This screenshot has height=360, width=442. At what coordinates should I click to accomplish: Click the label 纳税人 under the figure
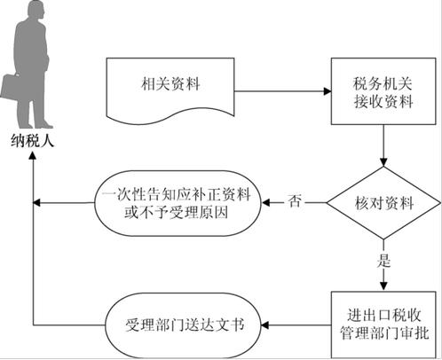coord(33,141)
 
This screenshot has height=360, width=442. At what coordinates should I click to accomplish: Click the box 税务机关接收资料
coord(383,91)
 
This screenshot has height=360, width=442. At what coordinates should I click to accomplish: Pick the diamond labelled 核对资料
coord(383,203)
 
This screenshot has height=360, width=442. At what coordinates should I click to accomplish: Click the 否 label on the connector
coord(295,201)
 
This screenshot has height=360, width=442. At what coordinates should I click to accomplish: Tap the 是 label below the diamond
coord(383,261)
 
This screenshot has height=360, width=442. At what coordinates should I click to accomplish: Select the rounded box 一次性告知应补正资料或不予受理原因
coord(178,203)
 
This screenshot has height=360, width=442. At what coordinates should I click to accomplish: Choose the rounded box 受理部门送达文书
coord(183,325)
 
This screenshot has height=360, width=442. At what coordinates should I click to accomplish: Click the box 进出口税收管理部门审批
coord(383,325)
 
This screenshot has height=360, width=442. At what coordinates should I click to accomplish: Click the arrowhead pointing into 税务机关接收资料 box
coord(328,91)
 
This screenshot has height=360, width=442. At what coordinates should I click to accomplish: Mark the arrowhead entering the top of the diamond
coord(383,162)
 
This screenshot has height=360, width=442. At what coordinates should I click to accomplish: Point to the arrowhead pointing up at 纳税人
coord(33,155)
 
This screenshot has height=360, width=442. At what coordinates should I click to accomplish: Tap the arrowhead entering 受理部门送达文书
coord(265,325)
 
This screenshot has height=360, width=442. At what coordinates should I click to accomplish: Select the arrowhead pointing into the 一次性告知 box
coord(265,203)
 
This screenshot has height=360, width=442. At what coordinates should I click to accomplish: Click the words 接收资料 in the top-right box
coord(383,101)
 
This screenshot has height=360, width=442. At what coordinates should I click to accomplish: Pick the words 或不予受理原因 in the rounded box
coord(177,212)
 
